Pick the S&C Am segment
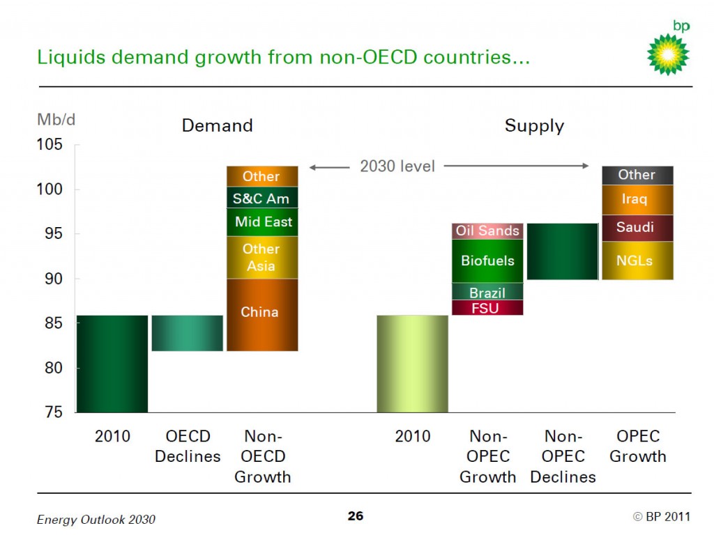tap(261, 198)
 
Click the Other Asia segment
tap(261, 257)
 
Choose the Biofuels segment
tap(487, 261)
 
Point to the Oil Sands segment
tap(487, 231)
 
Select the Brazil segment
tap(487, 292)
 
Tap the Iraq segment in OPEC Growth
tap(637, 200)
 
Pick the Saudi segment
tap(637, 228)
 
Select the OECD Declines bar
tap(187, 333)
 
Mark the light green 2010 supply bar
tap(412, 364)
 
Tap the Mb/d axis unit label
tap(56, 119)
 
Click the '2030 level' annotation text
tap(397, 166)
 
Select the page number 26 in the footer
tap(356, 516)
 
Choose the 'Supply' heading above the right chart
tap(534, 126)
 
